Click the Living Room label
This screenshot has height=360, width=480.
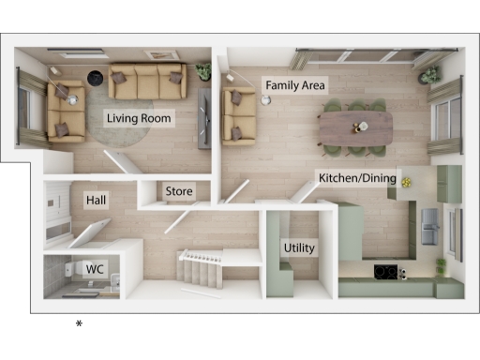click(140, 117)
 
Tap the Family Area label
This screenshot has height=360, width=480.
click(294, 85)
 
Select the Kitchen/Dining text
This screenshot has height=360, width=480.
click(357, 177)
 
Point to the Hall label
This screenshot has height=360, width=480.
click(96, 201)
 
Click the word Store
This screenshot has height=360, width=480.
click(179, 192)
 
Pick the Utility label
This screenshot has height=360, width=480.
click(299, 248)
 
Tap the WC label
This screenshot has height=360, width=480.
click(95, 269)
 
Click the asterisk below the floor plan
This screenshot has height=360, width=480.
click(80, 324)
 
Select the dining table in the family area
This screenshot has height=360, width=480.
click(355, 126)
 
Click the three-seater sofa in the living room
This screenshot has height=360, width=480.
click(147, 81)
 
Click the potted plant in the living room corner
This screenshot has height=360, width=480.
click(203, 70)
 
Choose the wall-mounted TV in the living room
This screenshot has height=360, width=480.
click(204, 118)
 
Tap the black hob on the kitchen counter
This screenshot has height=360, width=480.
click(384, 272)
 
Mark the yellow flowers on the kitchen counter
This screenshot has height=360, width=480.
click(407, 180)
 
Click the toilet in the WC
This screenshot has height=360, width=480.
click(67, 271)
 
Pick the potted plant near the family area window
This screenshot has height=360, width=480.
click(431, 74)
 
